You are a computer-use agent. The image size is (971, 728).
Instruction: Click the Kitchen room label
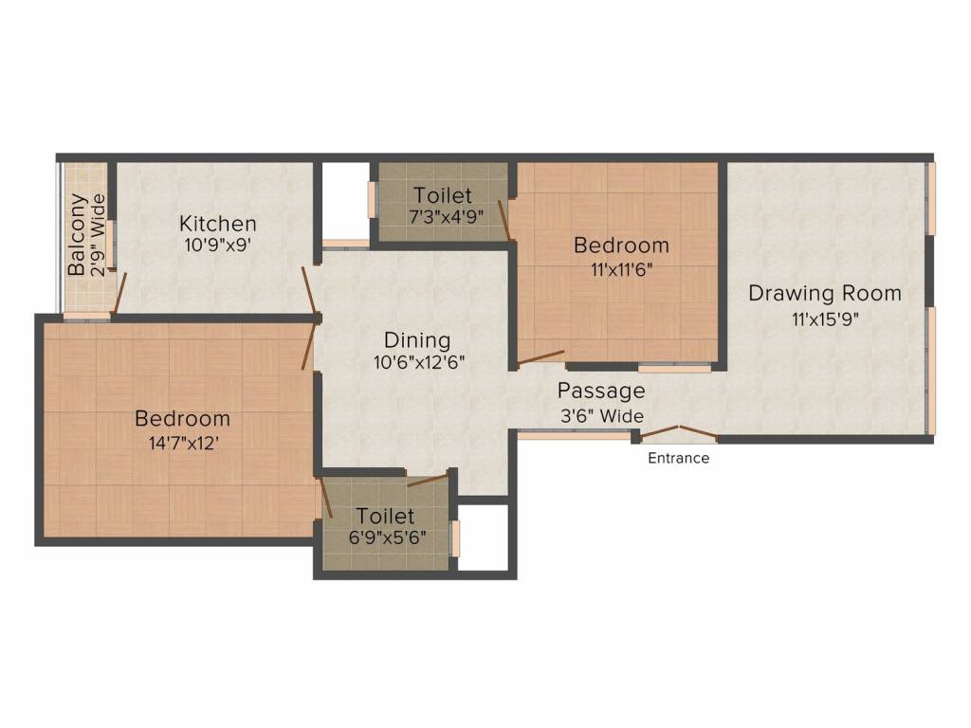(217, 223)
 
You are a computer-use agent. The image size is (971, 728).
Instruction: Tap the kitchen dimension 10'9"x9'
(217, 245)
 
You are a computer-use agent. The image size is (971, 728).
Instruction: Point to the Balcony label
(77, 235)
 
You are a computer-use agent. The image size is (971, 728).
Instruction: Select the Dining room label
(417, 340)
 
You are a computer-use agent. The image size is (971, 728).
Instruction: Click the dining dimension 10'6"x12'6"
(419, 362)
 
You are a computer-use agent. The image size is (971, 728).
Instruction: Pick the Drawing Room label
(825, 293)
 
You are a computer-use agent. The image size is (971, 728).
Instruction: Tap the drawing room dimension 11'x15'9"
(826, 318)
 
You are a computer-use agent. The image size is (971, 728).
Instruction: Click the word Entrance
(678, 458)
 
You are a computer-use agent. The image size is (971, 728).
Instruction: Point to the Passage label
(601, 391)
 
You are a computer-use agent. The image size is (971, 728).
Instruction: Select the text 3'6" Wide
(602, 416)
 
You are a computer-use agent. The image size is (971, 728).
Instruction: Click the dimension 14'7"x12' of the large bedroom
(183, 444)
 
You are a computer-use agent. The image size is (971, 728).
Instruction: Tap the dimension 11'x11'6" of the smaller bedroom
(622, 270)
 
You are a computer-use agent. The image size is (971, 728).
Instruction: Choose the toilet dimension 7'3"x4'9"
(446, 217)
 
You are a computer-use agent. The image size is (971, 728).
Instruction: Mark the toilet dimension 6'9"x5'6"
(387, 537)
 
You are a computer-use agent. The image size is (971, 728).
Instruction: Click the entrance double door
(679, 433)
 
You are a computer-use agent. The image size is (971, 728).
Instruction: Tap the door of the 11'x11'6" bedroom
(540, 357)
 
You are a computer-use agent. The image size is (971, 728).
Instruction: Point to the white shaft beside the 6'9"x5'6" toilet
(483, 537)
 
